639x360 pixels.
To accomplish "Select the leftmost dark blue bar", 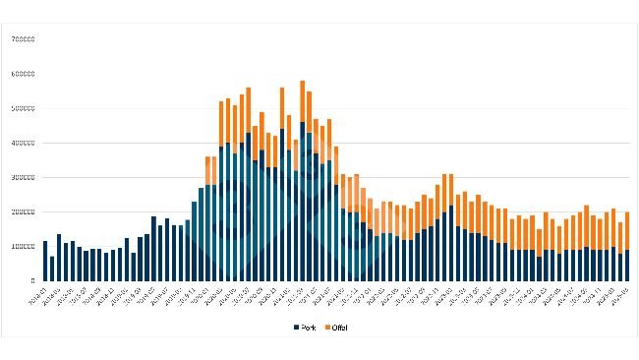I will [45, 261].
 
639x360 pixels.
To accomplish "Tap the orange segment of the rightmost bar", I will [626, 231].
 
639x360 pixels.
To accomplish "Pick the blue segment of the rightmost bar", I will [626, 266].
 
